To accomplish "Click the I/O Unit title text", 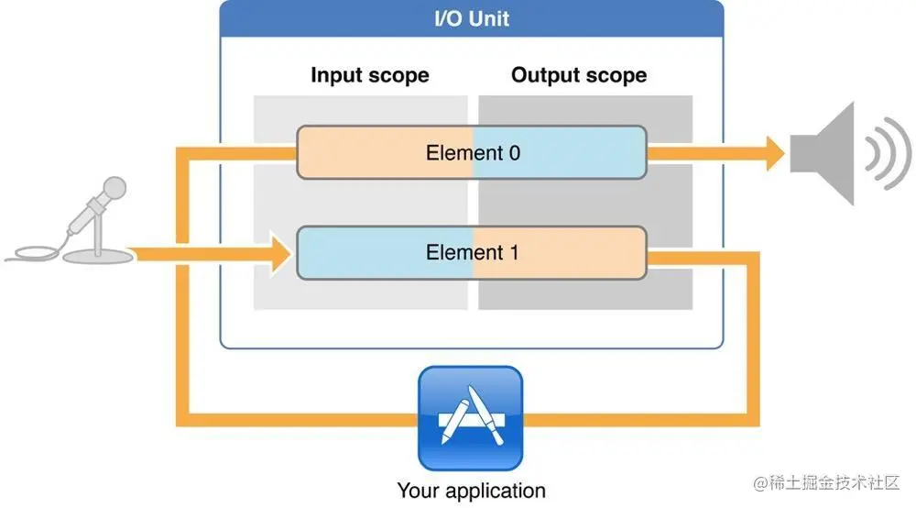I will (472, 17).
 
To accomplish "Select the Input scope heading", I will (369, 75).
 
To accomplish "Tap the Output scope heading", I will (579, 75).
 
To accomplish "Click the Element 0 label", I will (473, 152).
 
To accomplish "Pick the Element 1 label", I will (473, 251).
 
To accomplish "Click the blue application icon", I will (470, 418).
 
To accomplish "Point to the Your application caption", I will (471, 491).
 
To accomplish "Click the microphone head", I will (114, 189).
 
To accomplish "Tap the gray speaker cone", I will (824, 152).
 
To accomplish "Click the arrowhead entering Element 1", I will (279, 251).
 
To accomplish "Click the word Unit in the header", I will (490, 17).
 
